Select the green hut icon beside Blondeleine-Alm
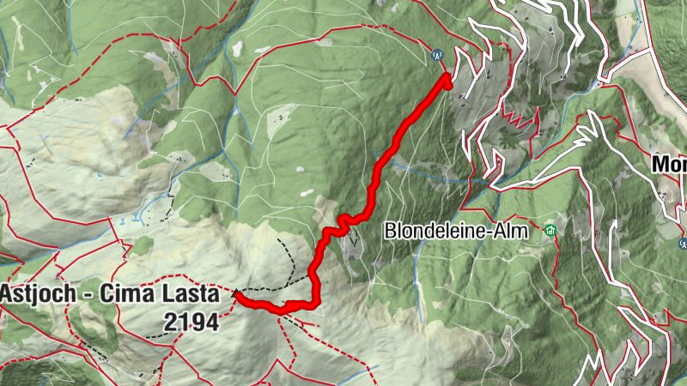pos(550,230)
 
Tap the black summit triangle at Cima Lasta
pos(236,294)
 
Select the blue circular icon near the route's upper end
pos(437,53)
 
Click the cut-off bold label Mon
pos(669,164)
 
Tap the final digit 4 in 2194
pos(212,322)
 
